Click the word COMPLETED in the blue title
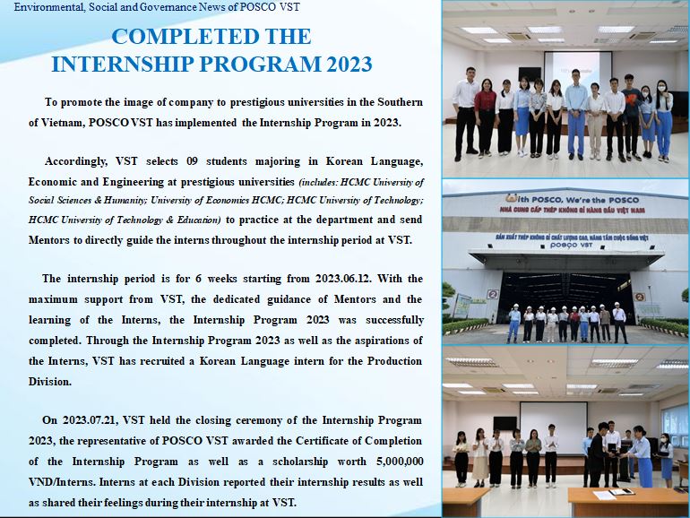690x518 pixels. point(177,37)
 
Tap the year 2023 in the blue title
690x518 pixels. point(349,65)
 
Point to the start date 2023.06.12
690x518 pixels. point(343,279)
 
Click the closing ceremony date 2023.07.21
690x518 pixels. point(90,419)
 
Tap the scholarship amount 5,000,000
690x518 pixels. point(400,462)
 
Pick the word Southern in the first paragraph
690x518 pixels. point(400,102)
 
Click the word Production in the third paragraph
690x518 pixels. point(394,361)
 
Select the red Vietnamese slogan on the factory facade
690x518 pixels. point(572,210)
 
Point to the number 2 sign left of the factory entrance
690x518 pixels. point(493,294)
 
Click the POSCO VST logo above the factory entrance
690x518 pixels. point(571,246)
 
